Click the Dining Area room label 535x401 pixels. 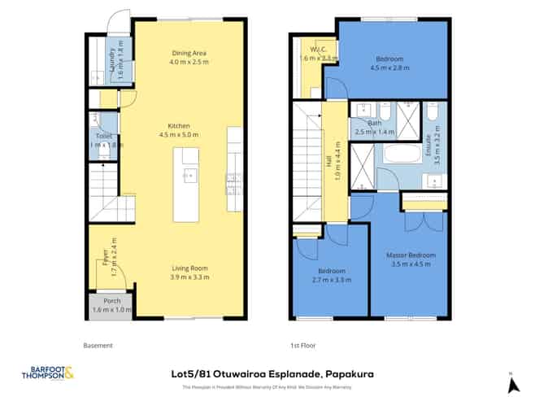point(189,51)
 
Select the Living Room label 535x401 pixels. point(189,269)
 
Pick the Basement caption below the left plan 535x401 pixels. point(98,345)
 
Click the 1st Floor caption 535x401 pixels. point(302,345)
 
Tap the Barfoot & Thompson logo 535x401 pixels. point(48,375)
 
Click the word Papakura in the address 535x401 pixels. point(351,374)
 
